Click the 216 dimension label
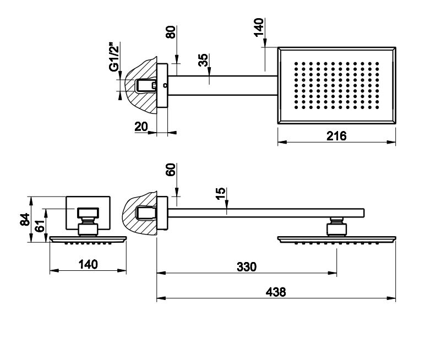tap(336, 135)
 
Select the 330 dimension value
tap(247, 266)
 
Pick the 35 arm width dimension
tap(205, 60)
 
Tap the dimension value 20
tap(141, 126)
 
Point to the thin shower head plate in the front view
tap(88, 239)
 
